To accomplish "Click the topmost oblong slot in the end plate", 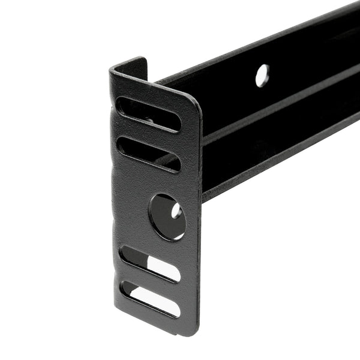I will pyautogui.click(x=149, y=115).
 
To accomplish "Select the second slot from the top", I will pyautogui.click(x=149, y=154).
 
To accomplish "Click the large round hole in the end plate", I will pyautogui.click(x=167, y=216).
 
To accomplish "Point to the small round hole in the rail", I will pyautogui.click(x=262, y=76).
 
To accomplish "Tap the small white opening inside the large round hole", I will pyautogui.click(x=176, y=211).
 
